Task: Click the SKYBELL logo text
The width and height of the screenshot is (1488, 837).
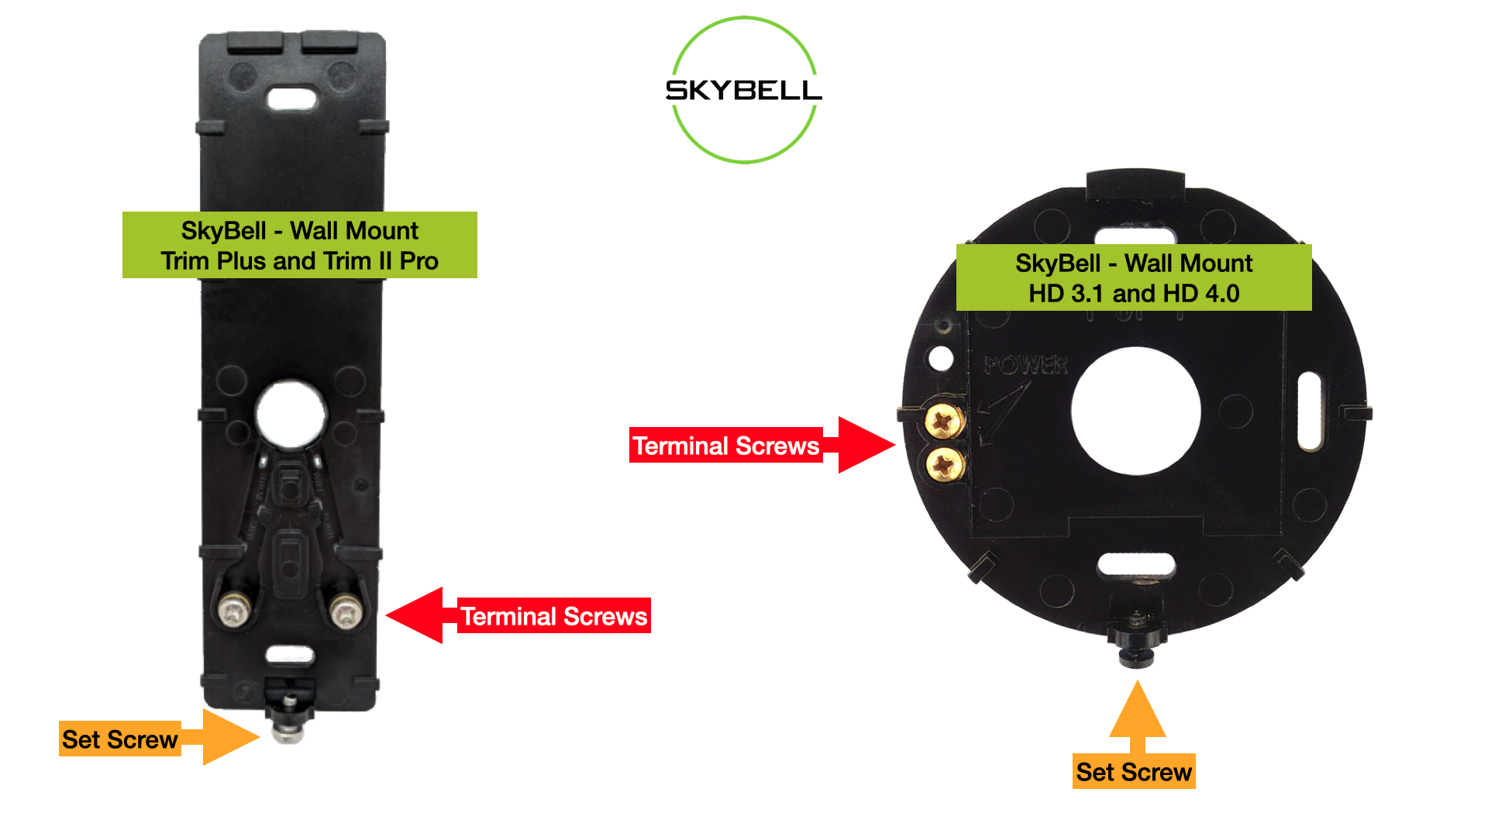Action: click(x=743, y=91)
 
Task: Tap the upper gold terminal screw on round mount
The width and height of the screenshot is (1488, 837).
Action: click(x=944, y=422)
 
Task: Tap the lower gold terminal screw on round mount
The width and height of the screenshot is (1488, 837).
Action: click(x=945, y=465)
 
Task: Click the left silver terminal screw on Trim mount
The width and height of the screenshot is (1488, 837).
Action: click(x=232, y=610)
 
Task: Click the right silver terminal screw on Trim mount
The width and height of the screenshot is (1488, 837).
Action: click(x=345, y=611)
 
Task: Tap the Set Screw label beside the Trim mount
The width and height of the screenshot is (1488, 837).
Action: click(x=120, y=739)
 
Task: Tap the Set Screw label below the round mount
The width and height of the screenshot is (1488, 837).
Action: click(x=1133, y=772)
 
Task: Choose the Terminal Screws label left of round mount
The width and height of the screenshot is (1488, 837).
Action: click(x=725, y=446)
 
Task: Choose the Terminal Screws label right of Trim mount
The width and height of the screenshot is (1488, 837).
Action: click(x=553, y=616)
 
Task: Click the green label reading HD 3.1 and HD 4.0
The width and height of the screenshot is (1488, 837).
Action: click(x=1133, y=278)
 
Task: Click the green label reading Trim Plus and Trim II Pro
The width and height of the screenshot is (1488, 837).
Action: click(x=299, y=246)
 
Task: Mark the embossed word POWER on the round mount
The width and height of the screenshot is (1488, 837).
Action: click(x=1025, y=365)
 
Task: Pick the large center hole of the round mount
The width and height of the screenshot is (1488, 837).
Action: click(x=1135, y=411)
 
